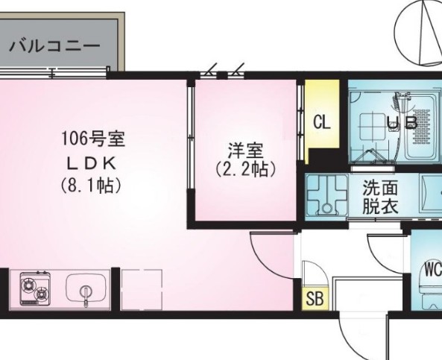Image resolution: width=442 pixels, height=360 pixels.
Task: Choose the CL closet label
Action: point(322,121)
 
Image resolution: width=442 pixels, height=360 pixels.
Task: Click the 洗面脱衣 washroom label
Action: point(380,197)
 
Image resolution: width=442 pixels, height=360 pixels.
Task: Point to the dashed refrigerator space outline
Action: point(141,288)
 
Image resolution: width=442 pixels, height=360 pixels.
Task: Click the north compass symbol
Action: point(420,30)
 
